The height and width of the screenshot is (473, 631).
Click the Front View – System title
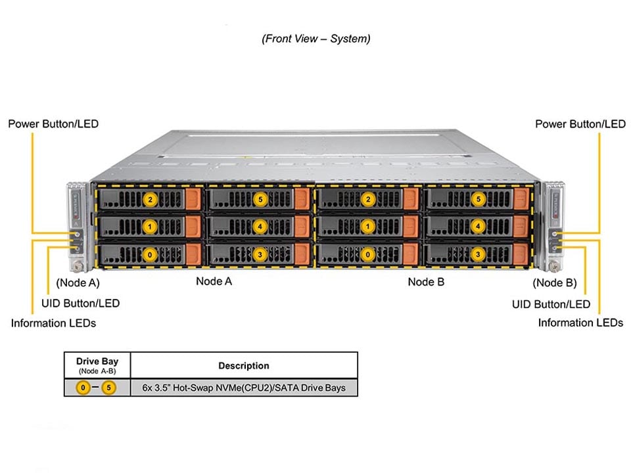(x=315, y=39)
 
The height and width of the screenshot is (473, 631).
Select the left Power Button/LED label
(x=53, y=124)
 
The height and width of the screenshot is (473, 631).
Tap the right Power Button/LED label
(x=580, y=124)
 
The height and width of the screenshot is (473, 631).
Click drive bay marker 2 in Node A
(x=151, y=198)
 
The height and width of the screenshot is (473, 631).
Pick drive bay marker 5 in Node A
(x=260, y=198)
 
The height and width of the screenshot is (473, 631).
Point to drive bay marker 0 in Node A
(x=151, y=254)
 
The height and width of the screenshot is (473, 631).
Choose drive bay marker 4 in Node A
(x=260, y=226)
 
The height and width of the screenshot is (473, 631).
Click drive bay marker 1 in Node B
(x=369, y=226)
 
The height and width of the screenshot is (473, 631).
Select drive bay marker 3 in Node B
(x=478, y=254)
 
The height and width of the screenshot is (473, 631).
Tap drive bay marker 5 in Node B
(x=478, y=198)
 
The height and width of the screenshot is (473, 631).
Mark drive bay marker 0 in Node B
(x=369, y=254)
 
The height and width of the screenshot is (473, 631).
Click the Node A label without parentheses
(x=214, y=281)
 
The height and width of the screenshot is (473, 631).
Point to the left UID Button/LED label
(x=80, y=304)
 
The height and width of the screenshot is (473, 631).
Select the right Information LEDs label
(x=580, y=323)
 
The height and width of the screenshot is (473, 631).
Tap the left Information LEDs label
(x=53, y=323)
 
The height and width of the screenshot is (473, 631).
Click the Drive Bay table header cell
(x=97, y=365)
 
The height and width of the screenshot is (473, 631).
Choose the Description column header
(x=243, y=365)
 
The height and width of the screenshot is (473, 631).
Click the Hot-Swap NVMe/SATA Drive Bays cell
(x=243, y=388)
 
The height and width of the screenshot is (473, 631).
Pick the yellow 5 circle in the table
(x=108, y=388)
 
